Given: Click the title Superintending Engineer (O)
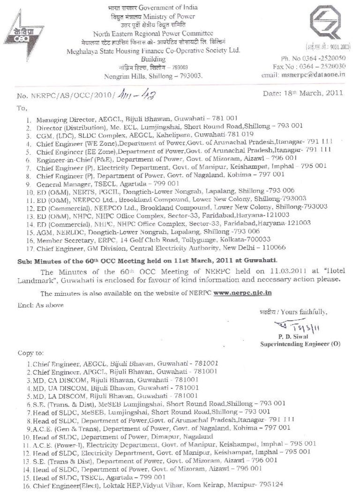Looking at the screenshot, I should tap(300, 344).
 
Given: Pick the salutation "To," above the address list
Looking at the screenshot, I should tap(22, 107).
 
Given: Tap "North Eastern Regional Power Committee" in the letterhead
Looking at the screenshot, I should tap(153, 34).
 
